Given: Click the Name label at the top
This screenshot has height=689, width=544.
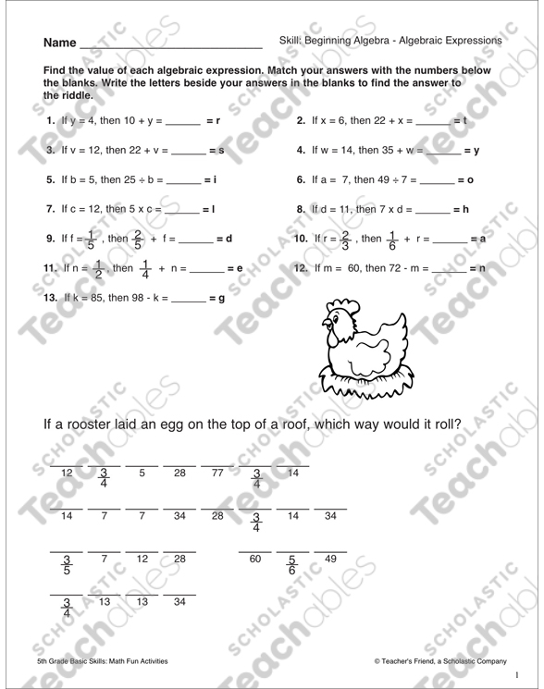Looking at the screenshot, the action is click(x=58, y=43).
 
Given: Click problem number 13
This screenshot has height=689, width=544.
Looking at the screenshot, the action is click(x=50, y=299).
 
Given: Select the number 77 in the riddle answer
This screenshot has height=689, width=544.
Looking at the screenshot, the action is click(x=218, y=474).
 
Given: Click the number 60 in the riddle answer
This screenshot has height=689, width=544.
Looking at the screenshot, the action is click(x=256, y=558).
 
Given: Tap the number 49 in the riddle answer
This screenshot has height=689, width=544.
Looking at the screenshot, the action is click(x=330, y=558).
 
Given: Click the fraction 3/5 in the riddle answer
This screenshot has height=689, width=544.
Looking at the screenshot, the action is click(x=66, y=565).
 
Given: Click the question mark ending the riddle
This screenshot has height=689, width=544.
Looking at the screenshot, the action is click(x=457, y=424).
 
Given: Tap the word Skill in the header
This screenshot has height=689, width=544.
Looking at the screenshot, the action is click(x=291, y=41).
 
